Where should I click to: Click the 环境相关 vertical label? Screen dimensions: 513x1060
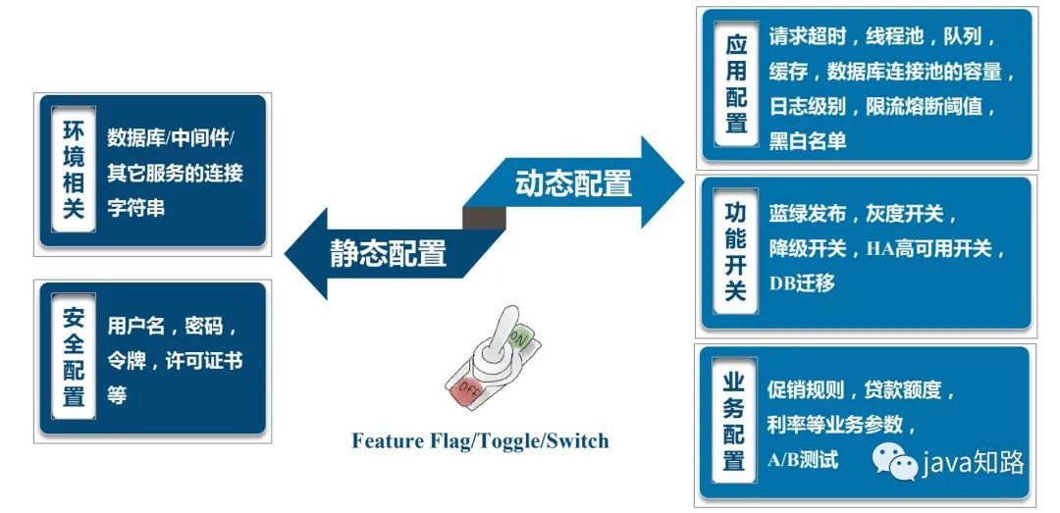73,170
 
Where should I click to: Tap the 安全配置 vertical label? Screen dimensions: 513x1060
73,357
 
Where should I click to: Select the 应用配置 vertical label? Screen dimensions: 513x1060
736,85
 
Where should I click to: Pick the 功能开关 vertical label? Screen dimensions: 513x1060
735,252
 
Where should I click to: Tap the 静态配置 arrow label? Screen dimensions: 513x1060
388,252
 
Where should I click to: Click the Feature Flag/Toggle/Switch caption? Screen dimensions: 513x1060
480,440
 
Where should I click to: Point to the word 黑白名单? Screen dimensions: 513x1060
807,141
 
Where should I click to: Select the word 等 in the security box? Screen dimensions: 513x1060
117,395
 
